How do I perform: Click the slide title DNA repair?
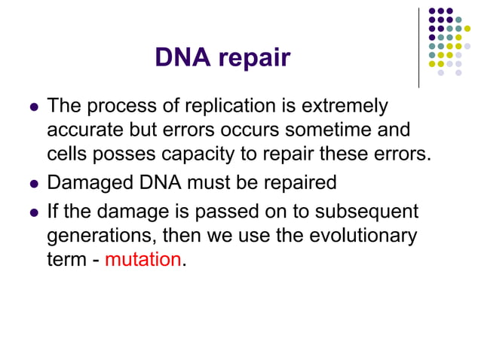(222, 58)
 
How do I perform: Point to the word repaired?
(298, 183)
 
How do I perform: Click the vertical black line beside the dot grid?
(418, 45)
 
